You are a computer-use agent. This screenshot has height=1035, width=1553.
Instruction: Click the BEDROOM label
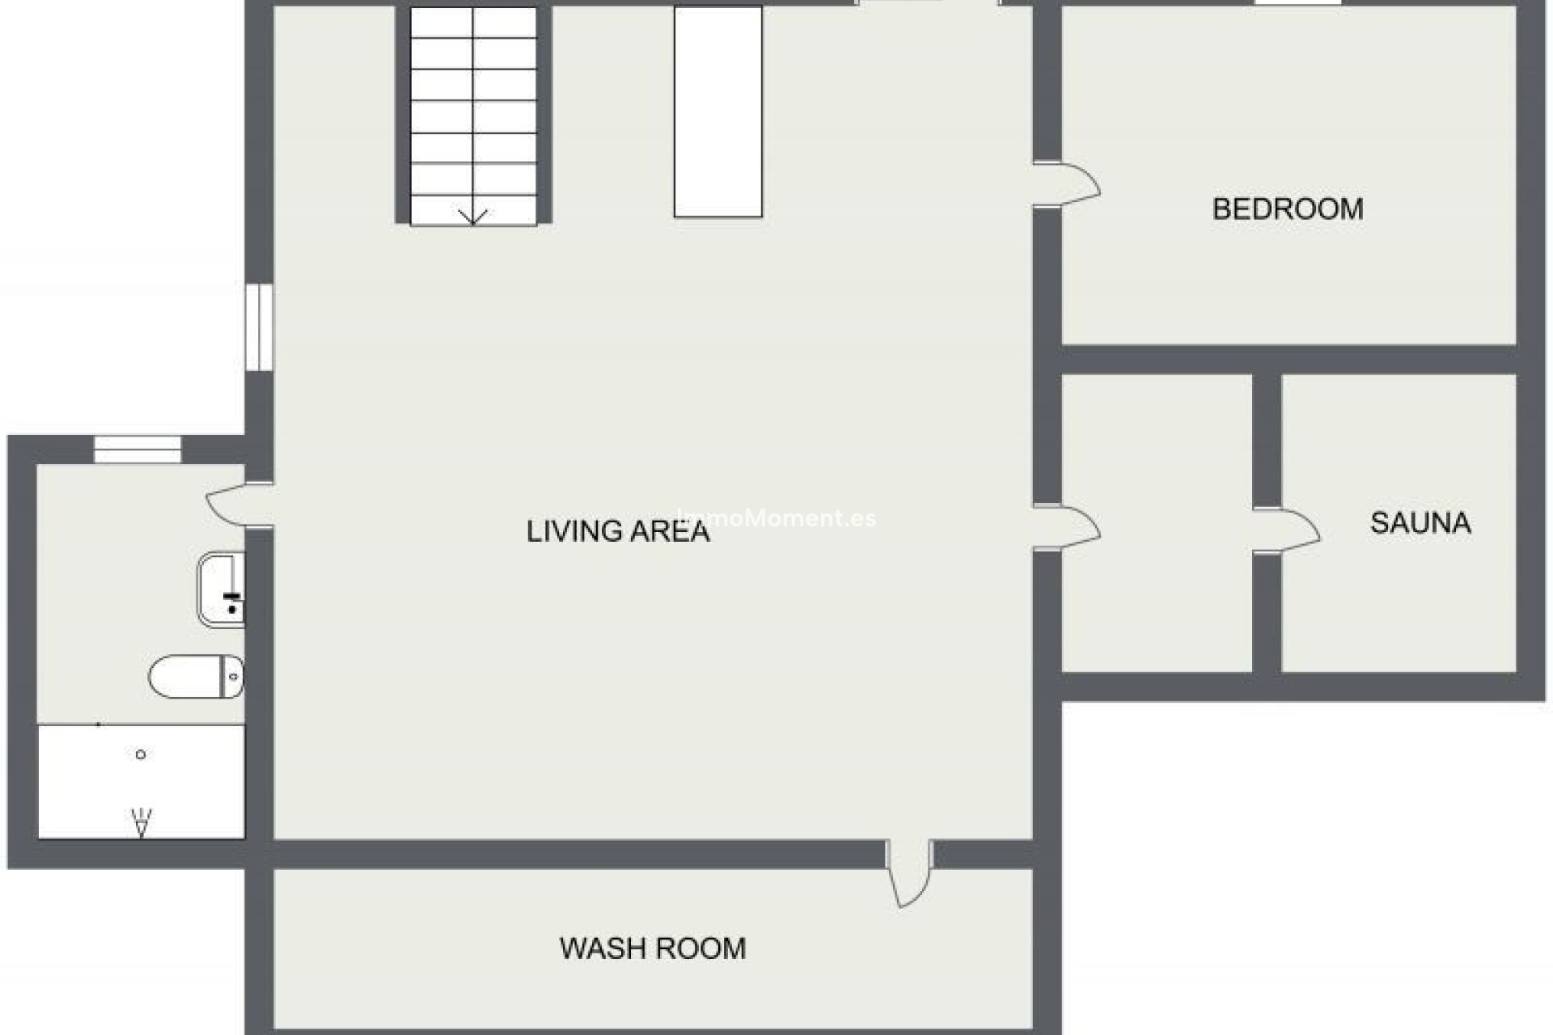click(1287, 209)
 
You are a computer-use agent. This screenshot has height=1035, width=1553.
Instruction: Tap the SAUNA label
click(1420, 523)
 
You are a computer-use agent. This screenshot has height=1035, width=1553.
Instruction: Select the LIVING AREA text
click(618, 531)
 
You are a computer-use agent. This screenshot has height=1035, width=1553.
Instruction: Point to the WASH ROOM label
click(653, 948)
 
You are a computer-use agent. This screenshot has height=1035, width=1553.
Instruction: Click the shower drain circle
click(141, 754)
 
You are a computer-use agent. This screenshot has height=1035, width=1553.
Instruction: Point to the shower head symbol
click(142, 822)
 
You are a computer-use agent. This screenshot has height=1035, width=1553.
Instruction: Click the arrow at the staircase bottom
click(472, 217)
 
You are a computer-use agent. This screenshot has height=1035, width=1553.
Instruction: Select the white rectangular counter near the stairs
click(717, 112)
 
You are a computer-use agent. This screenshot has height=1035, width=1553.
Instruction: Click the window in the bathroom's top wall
click(138, 450)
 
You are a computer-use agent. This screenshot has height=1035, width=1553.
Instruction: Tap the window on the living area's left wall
click(259, 327)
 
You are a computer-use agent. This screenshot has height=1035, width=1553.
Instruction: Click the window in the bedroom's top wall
click(1297, 3)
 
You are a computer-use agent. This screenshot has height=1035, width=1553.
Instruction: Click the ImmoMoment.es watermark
click(776, 518)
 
